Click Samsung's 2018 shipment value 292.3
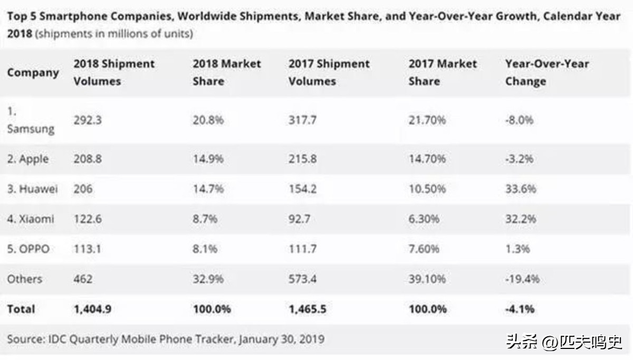(x=88, y=120)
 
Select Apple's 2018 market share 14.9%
(x=208, y=158)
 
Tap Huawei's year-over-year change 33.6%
(x=521, y=188)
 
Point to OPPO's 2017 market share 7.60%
(x=427, y=248)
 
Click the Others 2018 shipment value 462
(x=83, y=279)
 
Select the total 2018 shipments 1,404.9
(x=92, y=309)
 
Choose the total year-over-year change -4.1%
(x=520, y=309)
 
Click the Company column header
(x=33, y=72)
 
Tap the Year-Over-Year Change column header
(x=547, y=72)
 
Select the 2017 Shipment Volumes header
(x=329, y=72)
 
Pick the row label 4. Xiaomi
(x=31, y=218)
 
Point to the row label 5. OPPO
(x=28, y=248)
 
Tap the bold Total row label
(x=21, y=309)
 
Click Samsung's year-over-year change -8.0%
(x=519, y=120)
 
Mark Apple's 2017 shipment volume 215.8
(x=303, y=158)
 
